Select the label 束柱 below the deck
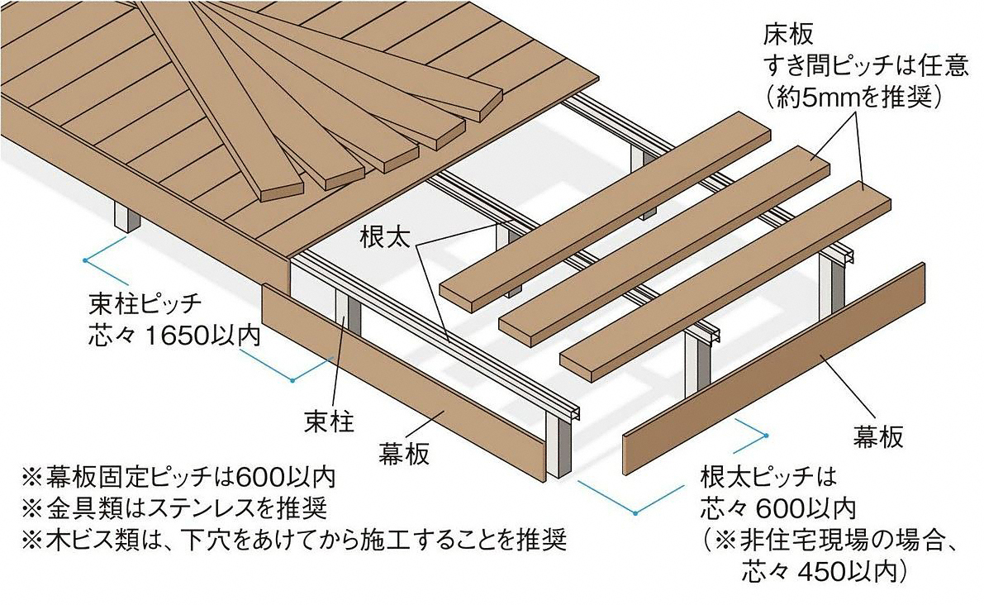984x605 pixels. coord(330,421)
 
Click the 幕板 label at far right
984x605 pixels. coord(878,436)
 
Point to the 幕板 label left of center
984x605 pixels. coord(404,453)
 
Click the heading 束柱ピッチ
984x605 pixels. coord(145,306)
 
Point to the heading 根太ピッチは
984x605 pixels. coord(768,477)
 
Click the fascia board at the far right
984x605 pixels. coord(774,369)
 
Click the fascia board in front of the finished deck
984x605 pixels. coord(403,382)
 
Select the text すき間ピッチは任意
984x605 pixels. coord(865,66)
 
